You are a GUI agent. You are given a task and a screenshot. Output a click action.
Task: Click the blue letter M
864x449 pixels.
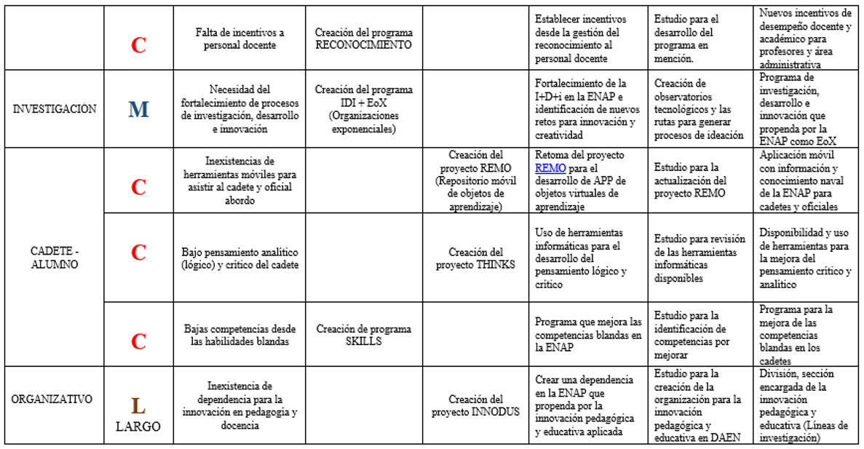tap(138, 110)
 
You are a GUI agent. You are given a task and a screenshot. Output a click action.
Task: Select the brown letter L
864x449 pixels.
tap(138, 405)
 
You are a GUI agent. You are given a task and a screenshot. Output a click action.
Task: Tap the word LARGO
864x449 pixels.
tap(138, 426)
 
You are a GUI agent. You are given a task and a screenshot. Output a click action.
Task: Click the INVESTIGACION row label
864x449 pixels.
tap(55, 109)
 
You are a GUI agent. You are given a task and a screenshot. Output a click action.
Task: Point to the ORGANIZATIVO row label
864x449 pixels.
tap(52, 399)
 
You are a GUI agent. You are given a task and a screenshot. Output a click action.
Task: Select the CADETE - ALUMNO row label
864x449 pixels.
tap(55, 258)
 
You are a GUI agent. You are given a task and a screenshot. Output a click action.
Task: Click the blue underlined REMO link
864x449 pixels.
tap(550, 167)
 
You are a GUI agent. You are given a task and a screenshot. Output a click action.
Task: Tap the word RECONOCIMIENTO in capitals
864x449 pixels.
tap(363, 45)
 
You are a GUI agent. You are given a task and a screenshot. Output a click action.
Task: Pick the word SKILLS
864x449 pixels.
tap(363, 341)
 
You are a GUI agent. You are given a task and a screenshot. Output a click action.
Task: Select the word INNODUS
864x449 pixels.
tap(497, 412)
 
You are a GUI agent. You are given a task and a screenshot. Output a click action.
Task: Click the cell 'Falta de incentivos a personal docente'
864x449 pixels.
tap(239, 39)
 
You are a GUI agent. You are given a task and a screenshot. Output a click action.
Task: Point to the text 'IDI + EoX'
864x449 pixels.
tap(363, 103)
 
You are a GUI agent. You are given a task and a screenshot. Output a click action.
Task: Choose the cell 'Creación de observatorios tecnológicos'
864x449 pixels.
tap(699, 109)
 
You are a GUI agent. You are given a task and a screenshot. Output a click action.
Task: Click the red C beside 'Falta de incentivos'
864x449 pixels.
tap(138, 45)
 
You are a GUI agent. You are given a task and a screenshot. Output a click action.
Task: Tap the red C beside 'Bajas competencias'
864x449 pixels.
tap(138, 341)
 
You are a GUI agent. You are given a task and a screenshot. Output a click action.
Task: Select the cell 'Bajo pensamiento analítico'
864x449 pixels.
tap(239, 258)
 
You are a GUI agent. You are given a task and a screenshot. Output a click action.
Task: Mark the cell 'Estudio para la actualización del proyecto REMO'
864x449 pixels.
tap(698, 180)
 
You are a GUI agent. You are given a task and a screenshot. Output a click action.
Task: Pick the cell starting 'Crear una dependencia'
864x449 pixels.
tap(588, 405)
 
